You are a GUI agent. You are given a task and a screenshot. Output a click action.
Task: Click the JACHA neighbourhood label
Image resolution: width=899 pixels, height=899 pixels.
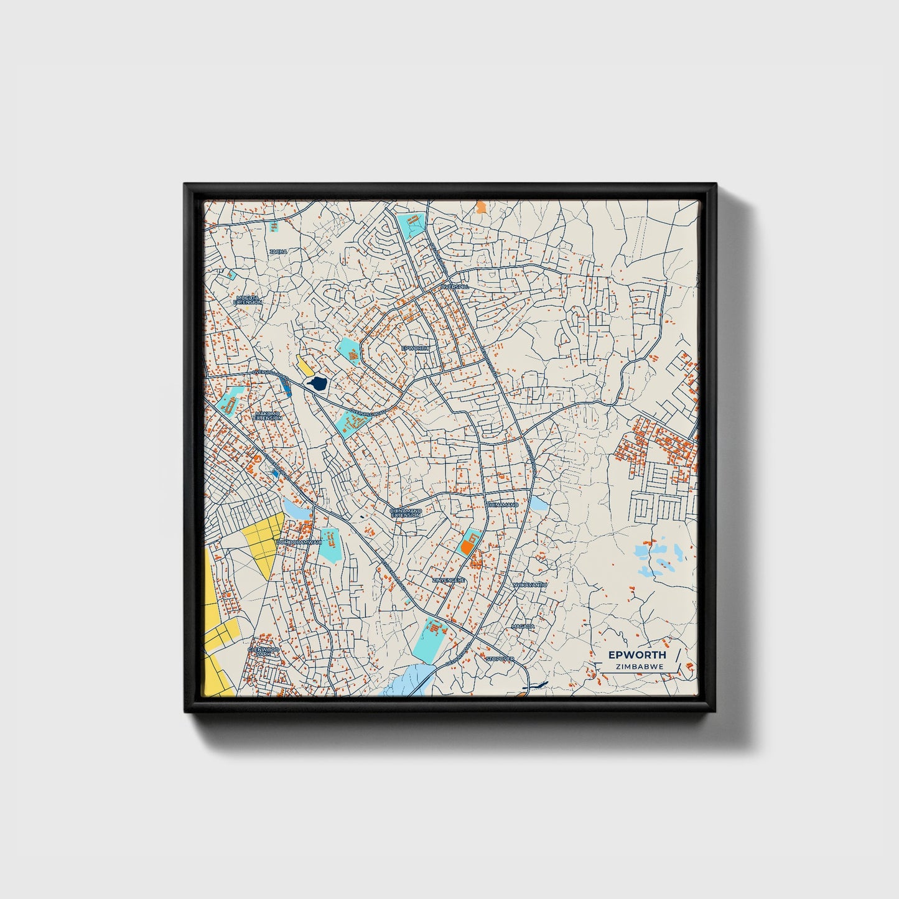point(278,251)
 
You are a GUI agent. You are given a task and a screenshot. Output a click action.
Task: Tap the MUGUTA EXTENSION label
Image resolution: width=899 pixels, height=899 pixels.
point(247,300)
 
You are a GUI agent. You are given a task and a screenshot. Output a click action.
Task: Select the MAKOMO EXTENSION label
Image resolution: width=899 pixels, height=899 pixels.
point(268,415)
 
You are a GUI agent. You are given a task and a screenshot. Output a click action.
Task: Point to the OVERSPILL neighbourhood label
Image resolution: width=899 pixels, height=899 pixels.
point(453,286)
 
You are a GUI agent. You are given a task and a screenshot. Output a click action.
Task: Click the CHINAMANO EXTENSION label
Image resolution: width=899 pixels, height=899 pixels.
point(406,513)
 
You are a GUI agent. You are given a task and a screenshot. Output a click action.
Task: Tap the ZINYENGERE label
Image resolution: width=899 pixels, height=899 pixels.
point(449,580)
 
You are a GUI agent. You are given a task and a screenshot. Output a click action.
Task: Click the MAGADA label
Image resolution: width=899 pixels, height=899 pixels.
point(523,626)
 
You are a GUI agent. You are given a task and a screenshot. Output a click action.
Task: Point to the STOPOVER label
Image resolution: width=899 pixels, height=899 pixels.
point(500,658)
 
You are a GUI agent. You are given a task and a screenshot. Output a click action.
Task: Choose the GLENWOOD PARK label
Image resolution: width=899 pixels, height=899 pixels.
point(263,651)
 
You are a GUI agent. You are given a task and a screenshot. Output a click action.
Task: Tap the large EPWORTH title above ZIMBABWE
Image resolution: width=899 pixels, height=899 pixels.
point(636,654)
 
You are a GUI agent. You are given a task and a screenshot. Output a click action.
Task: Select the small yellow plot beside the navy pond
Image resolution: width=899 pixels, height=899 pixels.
point(305,365)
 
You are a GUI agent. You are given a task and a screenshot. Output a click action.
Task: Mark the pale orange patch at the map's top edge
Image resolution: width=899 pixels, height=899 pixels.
point(480,207)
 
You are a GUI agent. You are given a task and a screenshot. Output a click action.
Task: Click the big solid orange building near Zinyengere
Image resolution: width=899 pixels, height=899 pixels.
point(467,547)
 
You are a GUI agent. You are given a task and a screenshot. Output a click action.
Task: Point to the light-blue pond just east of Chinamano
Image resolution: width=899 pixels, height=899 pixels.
point(538,503)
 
